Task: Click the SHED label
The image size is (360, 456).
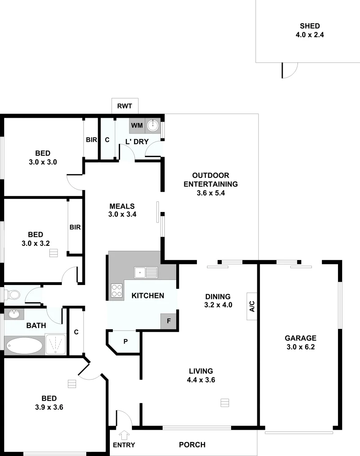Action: pos(310,26)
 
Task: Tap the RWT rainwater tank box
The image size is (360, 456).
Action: pos(125,106)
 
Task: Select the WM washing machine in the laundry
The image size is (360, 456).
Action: pos(136,125)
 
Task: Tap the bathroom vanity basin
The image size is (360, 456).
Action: pos(14,314)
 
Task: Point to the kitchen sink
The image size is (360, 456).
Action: pos(146,273)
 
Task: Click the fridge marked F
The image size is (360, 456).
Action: pos(169,321)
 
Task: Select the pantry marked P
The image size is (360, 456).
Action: pos(125,341)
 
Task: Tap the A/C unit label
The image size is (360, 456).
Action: pos(252,306)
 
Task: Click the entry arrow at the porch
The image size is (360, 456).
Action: pos(124,434)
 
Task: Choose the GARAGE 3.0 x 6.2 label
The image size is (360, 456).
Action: pos(300,342)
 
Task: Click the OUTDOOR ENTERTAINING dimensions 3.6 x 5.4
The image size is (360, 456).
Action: pos(217,193)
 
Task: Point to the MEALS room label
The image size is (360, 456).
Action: pos(122,206)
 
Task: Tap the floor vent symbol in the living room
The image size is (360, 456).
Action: pos(224,402)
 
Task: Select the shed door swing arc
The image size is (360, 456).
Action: pos(290,71)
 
